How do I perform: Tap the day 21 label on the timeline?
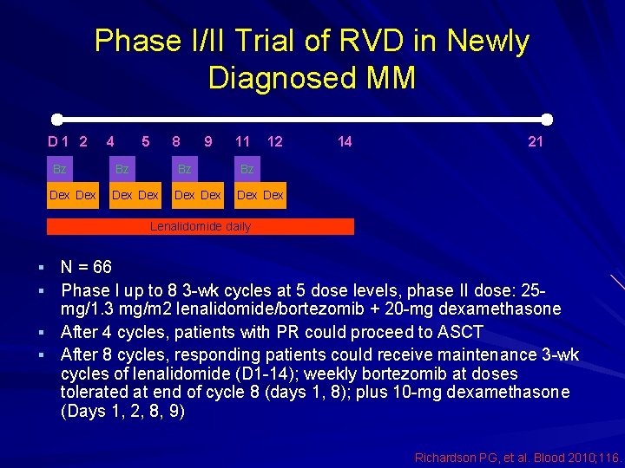[536, 141]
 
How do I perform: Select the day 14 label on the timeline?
[345, 141]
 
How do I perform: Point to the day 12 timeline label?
[274, 141]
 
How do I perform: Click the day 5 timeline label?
[146, 141]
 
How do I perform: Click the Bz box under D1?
[60, 169]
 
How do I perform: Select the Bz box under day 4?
[122, 169]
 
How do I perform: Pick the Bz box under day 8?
[185, 169]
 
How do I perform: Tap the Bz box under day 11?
[247, 169]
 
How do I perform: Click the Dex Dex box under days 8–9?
[198, 195]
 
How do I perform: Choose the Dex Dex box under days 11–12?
[260, 195]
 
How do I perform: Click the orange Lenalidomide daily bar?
[201, 226]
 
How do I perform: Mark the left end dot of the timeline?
[56, 119]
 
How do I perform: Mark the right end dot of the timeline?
[547, 119]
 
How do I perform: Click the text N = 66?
[86, 267]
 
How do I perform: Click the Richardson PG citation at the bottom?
[516, 457]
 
